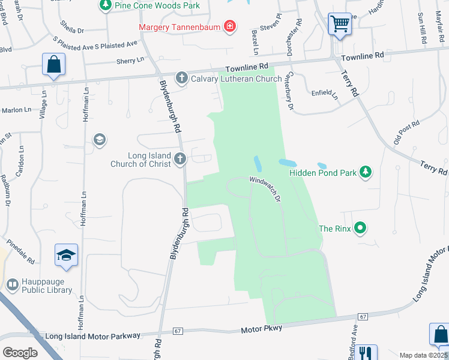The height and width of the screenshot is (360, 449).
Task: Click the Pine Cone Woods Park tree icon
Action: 106,5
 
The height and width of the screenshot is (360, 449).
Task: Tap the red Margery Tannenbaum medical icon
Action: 229,26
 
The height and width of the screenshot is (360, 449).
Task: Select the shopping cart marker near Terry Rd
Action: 340,25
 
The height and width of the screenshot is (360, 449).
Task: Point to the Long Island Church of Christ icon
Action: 180,159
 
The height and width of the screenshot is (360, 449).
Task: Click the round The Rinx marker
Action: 360,228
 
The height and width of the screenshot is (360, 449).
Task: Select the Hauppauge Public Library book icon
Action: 13,284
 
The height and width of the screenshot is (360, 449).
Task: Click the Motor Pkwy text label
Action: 262,329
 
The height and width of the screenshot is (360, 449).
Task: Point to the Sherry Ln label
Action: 130,61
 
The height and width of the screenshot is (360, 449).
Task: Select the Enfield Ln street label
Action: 325,94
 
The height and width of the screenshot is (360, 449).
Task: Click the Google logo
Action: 20,352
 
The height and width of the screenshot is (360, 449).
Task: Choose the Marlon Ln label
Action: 16,110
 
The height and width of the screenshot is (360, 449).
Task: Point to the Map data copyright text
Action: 423,355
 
